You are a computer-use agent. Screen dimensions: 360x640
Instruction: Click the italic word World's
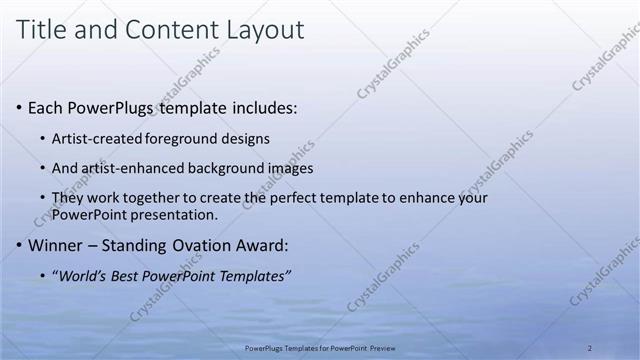81,275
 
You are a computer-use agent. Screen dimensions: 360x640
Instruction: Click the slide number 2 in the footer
589,348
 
